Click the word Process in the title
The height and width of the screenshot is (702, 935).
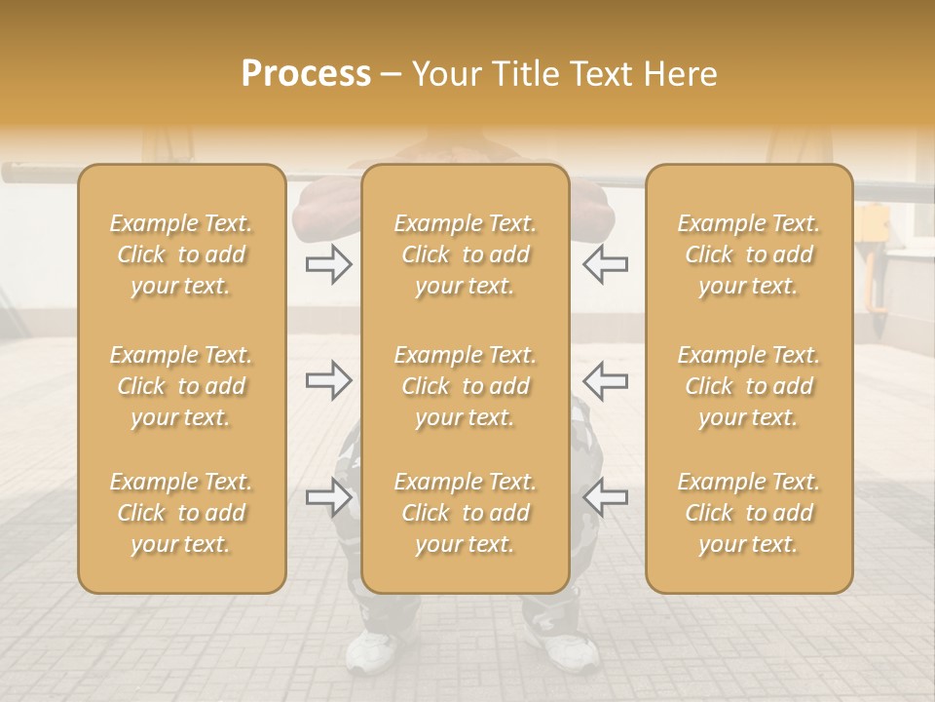coord(306,74)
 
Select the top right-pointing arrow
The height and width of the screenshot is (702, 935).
coord(329,264)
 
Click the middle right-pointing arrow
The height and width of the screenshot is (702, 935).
coord(329,380)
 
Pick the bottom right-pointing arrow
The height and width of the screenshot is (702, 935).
coord(329,497)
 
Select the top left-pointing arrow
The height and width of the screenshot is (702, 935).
coord(606,264)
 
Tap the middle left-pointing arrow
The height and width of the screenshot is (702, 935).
coord(606,380)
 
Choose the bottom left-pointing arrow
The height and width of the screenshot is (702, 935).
coord(606,497)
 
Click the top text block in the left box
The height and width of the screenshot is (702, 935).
coord(181,254)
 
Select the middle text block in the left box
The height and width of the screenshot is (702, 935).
coord(181,386)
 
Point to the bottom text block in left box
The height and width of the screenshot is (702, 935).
coord(181,513)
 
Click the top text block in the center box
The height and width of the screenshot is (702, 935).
coord(466,254)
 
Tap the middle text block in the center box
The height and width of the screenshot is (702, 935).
coord(466,386)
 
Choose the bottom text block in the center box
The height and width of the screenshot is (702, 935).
coord(466,513)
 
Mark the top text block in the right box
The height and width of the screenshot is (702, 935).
coord(749,254)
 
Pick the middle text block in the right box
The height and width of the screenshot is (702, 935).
coord(749,386)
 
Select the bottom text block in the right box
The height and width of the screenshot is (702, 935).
coord(749,513)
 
